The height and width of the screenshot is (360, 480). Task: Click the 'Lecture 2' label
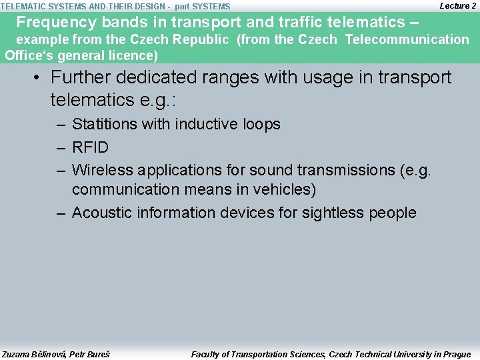coord(457,5)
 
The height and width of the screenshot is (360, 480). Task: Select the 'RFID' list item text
coord(90,147)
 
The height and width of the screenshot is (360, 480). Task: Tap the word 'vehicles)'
coord(281,189)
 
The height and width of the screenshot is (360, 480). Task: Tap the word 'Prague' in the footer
coord(455,354)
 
